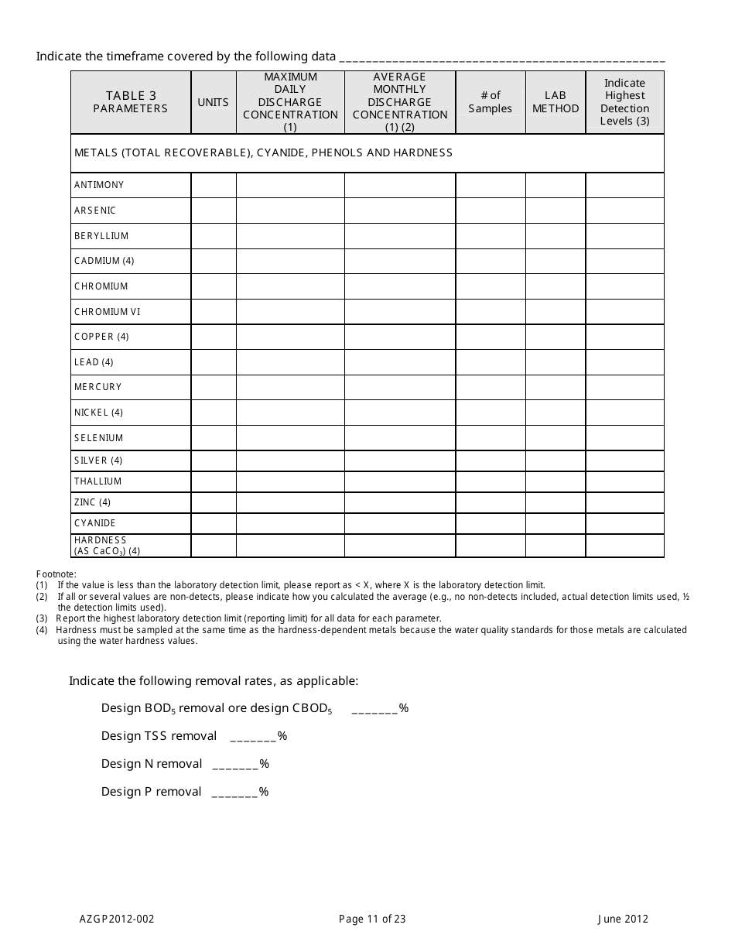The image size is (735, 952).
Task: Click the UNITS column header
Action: (x=214, y=102)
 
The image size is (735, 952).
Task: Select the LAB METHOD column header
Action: (x=556, y=102)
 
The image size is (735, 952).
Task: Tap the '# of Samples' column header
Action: (x=491, y=102)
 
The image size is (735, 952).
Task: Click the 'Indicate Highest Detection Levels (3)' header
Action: (x=624, y=102)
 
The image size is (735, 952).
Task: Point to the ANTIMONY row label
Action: (x=99, y=185)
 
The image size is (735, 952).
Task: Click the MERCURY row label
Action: (x=98, y=387)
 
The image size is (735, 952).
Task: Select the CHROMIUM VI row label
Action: (x=108, y=312)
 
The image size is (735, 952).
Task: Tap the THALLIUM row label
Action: (x=98, y=481)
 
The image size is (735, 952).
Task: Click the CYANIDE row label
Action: (x=95, y=523)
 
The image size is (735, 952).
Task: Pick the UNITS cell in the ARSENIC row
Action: (x=214, y=211)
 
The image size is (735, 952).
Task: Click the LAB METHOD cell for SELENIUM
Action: (x=556, y=438)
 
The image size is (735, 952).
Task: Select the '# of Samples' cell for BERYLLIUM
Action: (x=491, y=236)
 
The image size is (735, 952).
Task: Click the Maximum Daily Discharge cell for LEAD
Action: (x=290, y=362)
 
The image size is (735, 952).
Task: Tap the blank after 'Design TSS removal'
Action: (x=254, y=737)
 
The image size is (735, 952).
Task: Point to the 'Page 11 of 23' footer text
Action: (x=372, y=919)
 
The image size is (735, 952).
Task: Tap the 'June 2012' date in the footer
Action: (x=623, y=919)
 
